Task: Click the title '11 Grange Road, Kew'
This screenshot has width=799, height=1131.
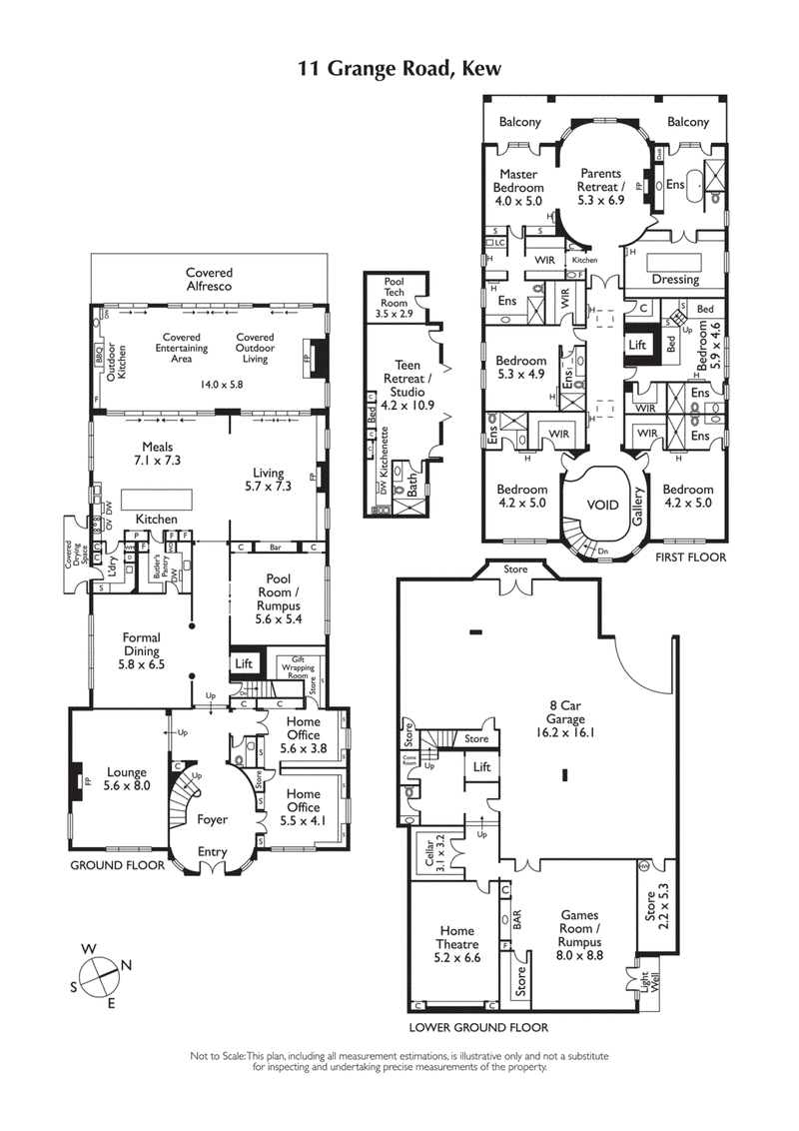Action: (399, 69)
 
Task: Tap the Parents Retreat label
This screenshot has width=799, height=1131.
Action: (602, 186)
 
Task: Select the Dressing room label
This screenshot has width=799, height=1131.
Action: (675, 280)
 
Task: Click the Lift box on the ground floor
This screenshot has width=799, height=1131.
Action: (243, 662)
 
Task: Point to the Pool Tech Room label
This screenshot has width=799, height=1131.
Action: (394, 298)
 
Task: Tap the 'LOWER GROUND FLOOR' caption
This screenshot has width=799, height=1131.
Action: (478, 1026)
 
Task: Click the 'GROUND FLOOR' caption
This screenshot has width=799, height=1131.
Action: (116, 865)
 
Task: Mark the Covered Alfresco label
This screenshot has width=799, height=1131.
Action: (209, 280)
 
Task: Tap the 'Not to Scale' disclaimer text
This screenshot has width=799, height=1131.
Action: (399, 1061)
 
